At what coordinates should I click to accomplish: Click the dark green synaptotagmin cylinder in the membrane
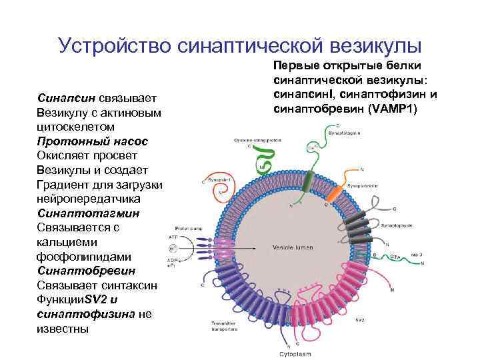coord(307,181)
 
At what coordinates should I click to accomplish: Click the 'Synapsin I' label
coord(217,179)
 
